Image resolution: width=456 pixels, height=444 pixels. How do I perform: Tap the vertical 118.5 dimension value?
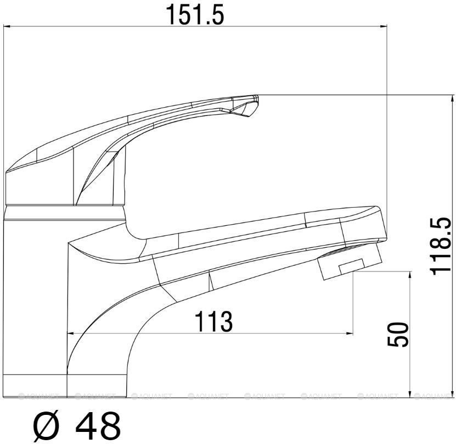pos(441,246)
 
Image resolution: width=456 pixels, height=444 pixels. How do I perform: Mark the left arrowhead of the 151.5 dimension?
pos(8,26)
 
